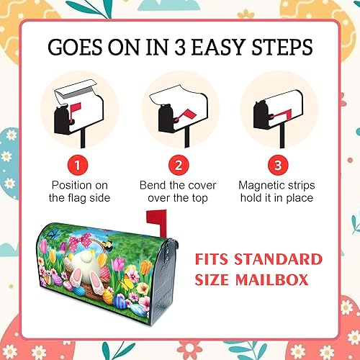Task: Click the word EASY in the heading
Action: pyautogui.click(x=217, y=47)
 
